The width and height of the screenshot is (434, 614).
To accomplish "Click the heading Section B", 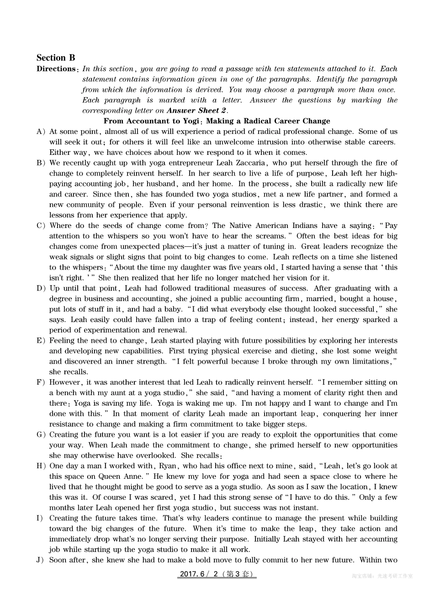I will coord(56,58).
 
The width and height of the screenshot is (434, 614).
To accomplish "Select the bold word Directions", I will coord(56,69).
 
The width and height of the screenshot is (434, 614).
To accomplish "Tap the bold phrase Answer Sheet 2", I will coord(196,111).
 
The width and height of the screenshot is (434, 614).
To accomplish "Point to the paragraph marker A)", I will coord(41,132).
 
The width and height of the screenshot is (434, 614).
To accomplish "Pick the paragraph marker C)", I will coord(41,226).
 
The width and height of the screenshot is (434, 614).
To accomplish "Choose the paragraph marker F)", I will coord(41,382).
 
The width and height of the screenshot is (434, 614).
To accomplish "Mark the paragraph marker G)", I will coord(41,434).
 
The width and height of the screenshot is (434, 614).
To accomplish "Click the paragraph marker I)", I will coord(40,518).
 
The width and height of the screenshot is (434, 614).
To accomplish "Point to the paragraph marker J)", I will coord(40,560).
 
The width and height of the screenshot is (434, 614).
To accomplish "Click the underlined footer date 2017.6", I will coord(192,574).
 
